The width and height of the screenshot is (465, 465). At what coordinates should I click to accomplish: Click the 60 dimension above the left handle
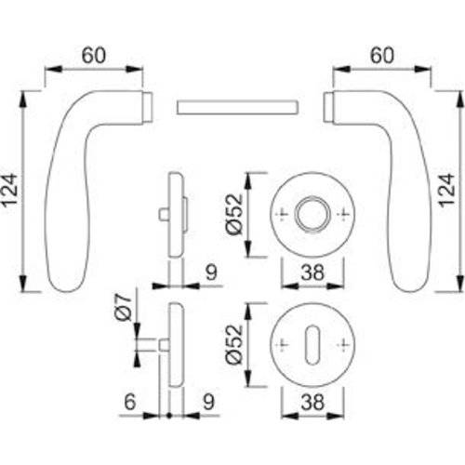[x=93, y=56]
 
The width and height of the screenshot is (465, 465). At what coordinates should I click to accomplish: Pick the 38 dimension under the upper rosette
[x=312, y=273]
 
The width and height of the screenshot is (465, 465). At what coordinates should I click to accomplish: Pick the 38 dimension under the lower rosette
[x=312, y=403]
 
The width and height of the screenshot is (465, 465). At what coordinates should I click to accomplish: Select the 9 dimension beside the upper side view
[x=210, y=272]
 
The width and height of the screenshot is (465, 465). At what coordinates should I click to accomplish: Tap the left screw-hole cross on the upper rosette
[x=282, y=216]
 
